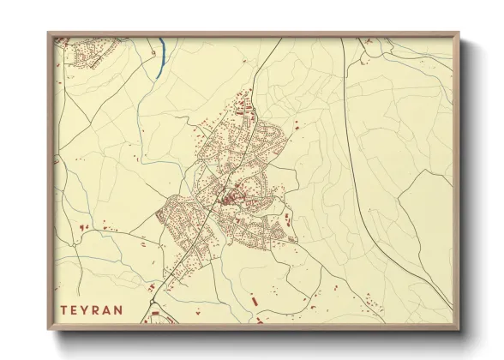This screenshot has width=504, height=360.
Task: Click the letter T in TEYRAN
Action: point(63,309)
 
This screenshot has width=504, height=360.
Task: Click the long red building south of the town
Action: point(255,301)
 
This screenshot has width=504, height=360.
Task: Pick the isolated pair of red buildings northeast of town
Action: point(297,126)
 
